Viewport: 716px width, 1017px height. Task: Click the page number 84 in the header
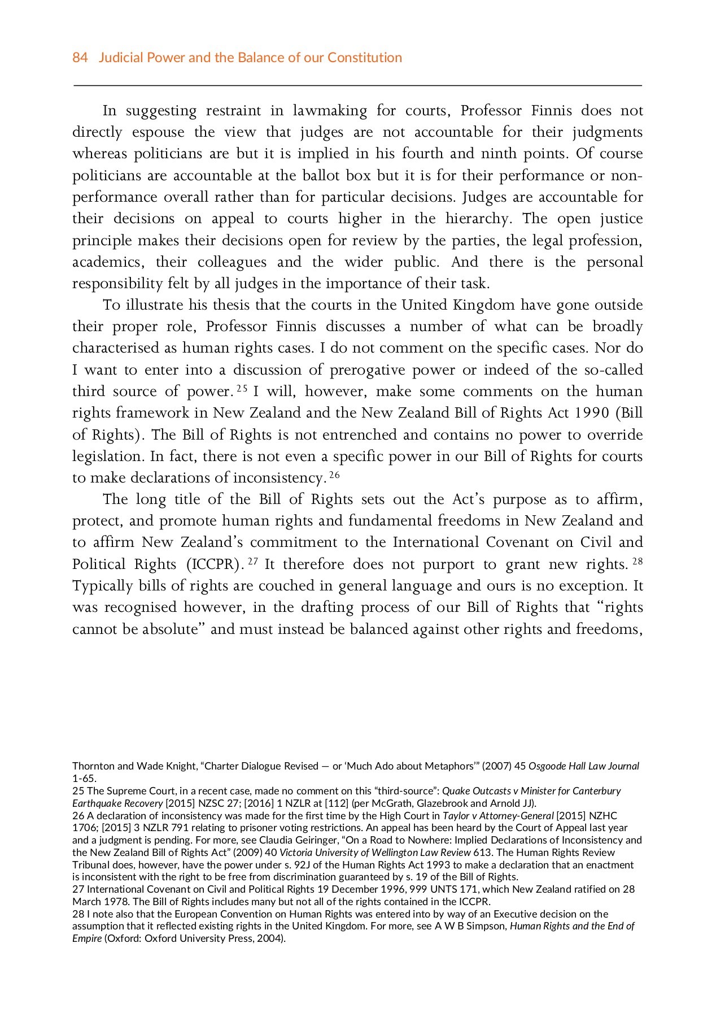point(80,58)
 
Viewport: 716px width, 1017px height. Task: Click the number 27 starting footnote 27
point(77,889)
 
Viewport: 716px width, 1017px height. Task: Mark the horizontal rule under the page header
point(357,85)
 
